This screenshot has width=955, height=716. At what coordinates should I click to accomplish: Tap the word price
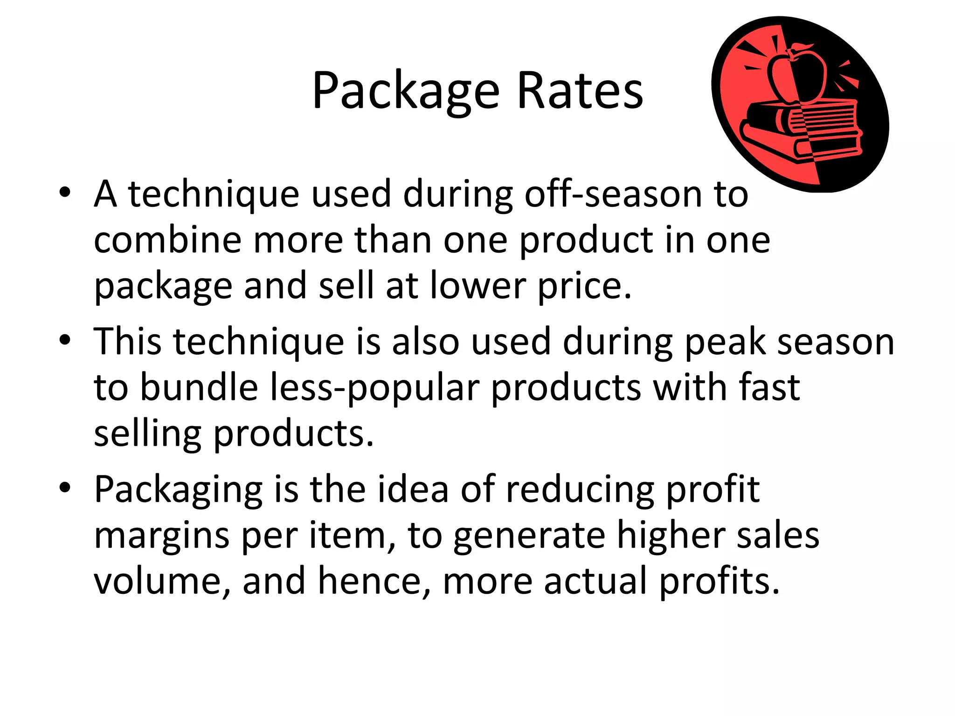[585, 287]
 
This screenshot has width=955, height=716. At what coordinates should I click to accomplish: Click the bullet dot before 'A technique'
[65, 193]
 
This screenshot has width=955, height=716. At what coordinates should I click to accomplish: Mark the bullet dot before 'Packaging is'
[65, 488]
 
